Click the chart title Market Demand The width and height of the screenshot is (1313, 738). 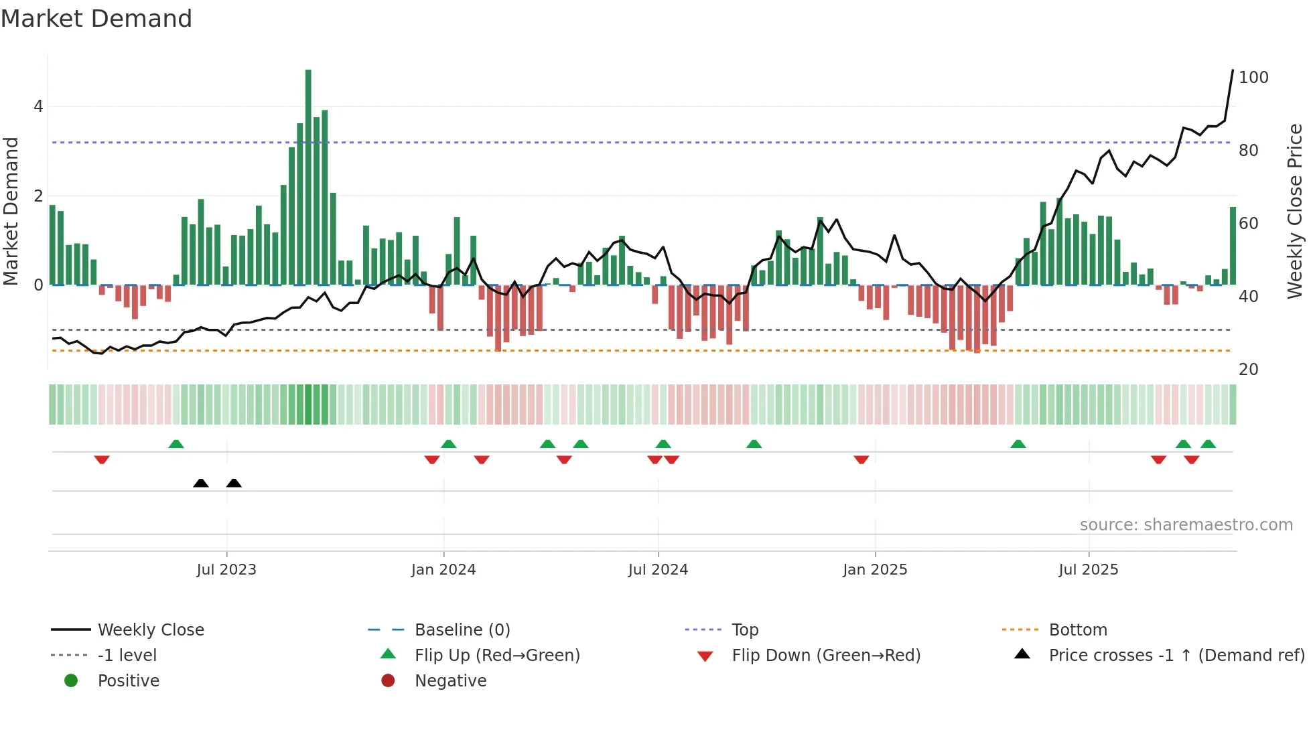(x=96, y=19)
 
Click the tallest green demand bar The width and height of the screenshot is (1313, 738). (x=308, y=177)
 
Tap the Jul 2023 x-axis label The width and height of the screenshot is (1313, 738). (x=226, y=569)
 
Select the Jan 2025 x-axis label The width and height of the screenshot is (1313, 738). (x=875, y=569)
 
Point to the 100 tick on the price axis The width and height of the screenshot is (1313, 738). (x=1253, y=78)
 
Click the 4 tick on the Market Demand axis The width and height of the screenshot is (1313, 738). (x=38, y=106)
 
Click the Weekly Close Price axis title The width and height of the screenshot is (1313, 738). (x=1295, y=211)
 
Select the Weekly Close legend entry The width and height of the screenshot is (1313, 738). (x=151, y=630)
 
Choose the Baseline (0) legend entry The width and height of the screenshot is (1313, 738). (x=462, y=630)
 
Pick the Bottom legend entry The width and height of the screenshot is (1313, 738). (x=1078, y=630)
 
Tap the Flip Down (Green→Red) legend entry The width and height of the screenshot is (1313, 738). (x=826, y=655)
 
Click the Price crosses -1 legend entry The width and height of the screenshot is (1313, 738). (x=1176, y=655)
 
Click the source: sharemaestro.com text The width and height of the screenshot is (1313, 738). (x=1186, y=524)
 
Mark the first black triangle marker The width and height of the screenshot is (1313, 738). (x=200, y=483)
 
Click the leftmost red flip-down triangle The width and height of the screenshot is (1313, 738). (x=102, y=459)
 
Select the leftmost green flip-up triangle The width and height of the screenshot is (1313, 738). (x=176, y=444)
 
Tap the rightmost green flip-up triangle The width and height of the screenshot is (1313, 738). (x=1208, y=444)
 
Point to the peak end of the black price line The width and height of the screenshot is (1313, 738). (x=1233, y=70)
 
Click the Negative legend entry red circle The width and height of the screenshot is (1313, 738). (x=388, y=680)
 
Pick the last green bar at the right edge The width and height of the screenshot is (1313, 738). (x=1233, y=246)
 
